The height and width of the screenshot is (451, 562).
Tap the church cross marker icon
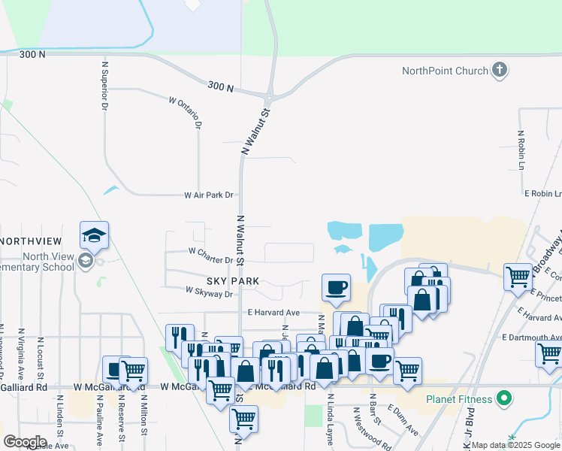coord(498,71)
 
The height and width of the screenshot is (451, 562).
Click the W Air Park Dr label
coord(209,195)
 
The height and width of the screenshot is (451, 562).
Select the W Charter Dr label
coord(210,260)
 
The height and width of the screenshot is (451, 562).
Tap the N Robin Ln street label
coord(520,150)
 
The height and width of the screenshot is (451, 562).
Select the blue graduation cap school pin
coord(95,236)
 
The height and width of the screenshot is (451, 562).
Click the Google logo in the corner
coord(25,441)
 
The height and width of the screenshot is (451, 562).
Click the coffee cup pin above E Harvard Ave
coord(336,287)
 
